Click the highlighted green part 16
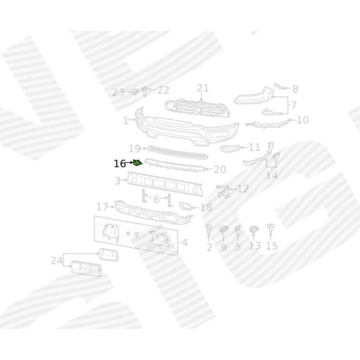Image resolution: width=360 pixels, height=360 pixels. click(138, 163)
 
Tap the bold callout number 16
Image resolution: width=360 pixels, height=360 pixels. click(120, 164)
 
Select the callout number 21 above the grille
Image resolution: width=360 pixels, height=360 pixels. click(203, 88)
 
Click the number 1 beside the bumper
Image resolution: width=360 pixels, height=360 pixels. click(126, 120)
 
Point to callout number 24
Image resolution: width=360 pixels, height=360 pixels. click(57, 261)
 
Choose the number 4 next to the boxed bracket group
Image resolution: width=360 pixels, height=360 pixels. click(184, 243)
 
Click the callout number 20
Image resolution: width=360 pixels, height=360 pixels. click(220, 169)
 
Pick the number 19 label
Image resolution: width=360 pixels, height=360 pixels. click(135, 148)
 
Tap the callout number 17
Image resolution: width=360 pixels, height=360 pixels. click(102, 207)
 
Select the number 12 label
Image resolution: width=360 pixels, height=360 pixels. click(243, 189)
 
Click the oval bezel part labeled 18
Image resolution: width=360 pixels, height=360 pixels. click(186, 206)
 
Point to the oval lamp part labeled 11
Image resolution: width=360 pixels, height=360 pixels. click(230, 148)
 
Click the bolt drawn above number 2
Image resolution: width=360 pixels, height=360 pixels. click(208, 229)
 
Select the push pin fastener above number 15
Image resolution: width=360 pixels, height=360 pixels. click(271, 228)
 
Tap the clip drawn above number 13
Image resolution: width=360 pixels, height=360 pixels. click(253, 230)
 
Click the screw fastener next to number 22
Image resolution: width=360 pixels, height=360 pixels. click(145, 91)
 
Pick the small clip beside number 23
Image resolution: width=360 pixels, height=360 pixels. click(135, 91)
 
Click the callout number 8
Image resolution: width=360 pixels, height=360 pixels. click(295, 89)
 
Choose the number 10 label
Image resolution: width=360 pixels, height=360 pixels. click(302, 120)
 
